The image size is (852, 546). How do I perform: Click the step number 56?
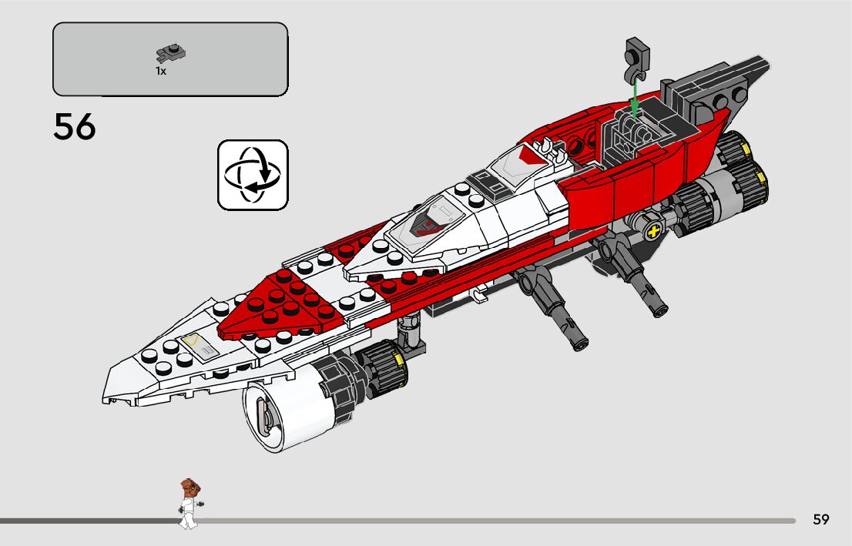pyautogui.click(x=75, y=127)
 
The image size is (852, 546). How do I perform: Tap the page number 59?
pyautogui.click(x=821, y=520)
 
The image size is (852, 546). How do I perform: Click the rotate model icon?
pyautogui.click(x=253, y=175)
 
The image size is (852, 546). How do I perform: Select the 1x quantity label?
pyautogui.click(x=161, y=71)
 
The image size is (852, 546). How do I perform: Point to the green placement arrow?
pyautogui.click(x=633, y=99)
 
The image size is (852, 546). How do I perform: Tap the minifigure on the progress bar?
pyautogui.click(x=187, y=504)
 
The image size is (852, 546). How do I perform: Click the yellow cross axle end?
pyautogui.click(x=656, y=232)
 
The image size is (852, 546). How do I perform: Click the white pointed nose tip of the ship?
pyautogui.click(x=112, y=393)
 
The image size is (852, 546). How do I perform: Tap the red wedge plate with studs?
pyautogui.click(x=277, y=304)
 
